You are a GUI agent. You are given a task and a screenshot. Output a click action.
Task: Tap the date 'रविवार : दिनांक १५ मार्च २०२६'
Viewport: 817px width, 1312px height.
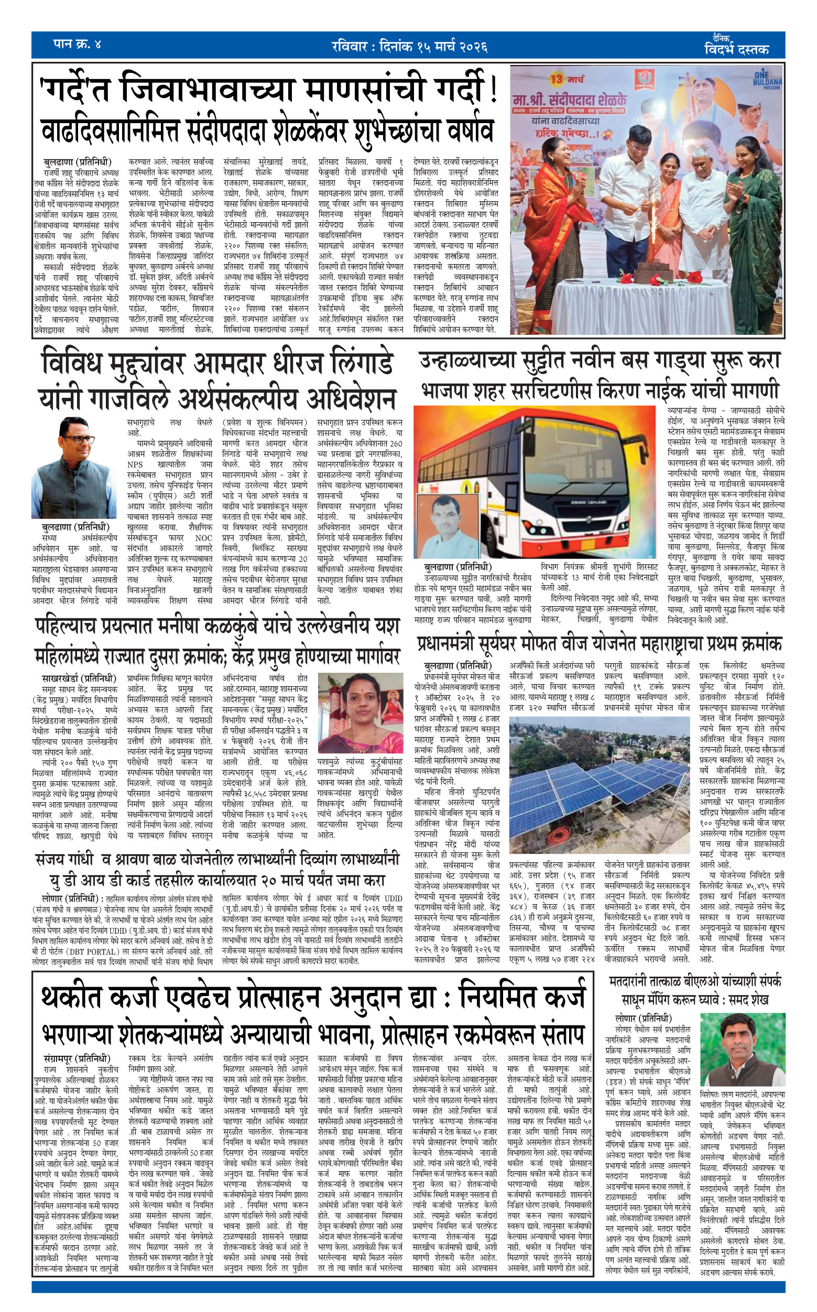click(x=409, y=46)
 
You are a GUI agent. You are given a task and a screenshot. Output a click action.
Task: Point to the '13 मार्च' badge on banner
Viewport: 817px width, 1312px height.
click(x=568, y=80)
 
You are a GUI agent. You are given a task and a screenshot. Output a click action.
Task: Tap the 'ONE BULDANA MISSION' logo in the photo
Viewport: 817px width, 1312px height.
click(x=767, y=80)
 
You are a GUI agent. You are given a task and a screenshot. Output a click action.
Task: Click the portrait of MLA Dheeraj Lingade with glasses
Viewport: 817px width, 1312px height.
click(x=74, y=467)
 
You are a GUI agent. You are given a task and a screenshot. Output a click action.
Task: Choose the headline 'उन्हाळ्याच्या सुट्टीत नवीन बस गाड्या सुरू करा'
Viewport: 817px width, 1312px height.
click(x=600, y=360)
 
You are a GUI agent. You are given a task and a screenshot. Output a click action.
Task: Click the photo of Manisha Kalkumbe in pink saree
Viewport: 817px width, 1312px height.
click(x=361, y=713)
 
